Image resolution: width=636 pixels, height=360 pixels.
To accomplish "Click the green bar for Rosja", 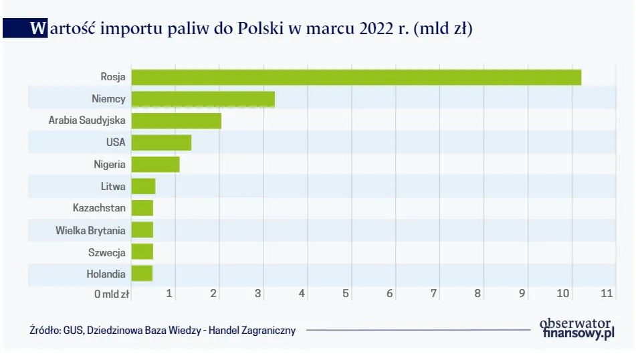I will click(x=356, y=77).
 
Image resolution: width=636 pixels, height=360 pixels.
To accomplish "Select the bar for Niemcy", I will click(x=203, y=99).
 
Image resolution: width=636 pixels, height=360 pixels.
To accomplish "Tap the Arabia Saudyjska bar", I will click(x=176, y=120).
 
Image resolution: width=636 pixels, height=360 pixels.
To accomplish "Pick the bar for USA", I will click(x=161, y=143).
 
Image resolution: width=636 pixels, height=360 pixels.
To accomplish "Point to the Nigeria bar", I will click(x=155, y=164).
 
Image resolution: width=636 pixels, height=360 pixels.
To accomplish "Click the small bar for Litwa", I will click(x=143, y=186).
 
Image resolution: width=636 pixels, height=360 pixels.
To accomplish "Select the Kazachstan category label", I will click(x=99, y=208).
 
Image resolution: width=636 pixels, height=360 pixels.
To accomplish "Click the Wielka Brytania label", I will click(x=90, y=230).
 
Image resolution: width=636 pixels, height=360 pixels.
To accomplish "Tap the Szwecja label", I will click(x=107, y=252).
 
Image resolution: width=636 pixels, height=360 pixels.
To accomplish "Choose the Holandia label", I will click(x=106, y=274).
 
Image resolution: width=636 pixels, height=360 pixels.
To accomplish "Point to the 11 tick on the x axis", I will click(x=607, y=293).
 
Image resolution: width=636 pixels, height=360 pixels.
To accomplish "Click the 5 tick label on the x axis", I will click(x=346, y=293).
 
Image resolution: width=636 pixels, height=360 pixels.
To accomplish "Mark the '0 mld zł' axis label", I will click(x=112, y=294).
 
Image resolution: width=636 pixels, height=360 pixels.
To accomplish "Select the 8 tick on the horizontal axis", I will click(x=478, y=293).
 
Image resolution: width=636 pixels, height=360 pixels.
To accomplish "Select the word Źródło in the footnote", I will click(x=44, y=330).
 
